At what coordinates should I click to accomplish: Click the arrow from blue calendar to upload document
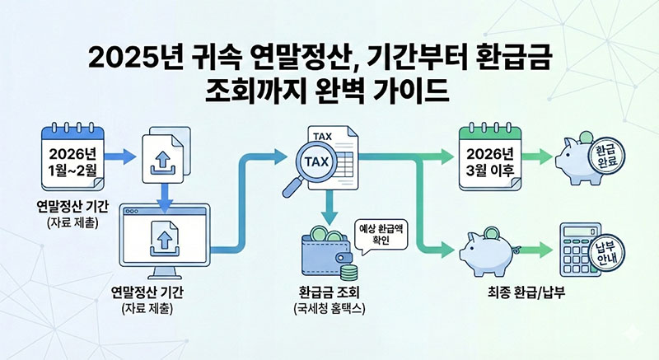coord(123,155)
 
